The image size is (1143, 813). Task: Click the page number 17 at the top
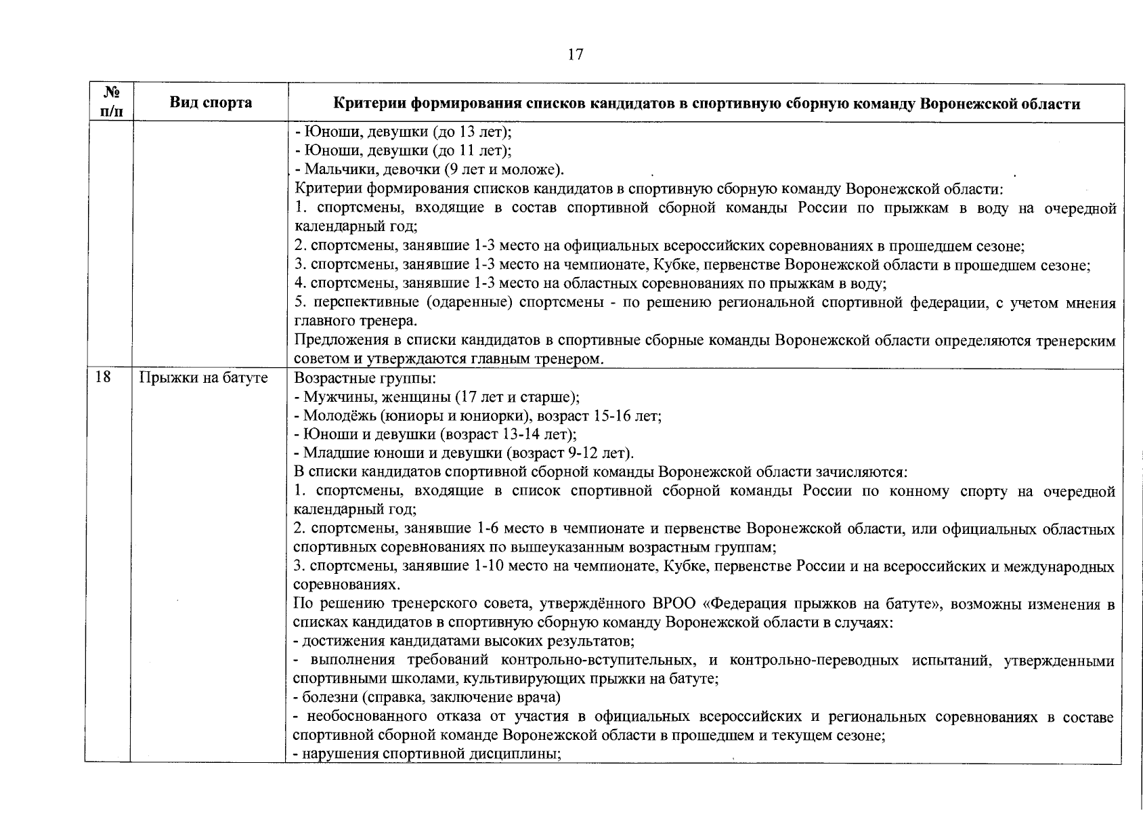576,55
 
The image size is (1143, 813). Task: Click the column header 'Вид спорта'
210,103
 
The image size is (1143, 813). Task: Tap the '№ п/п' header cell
108,103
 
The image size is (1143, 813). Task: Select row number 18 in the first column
104,378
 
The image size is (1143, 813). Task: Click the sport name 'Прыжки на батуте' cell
203,378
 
